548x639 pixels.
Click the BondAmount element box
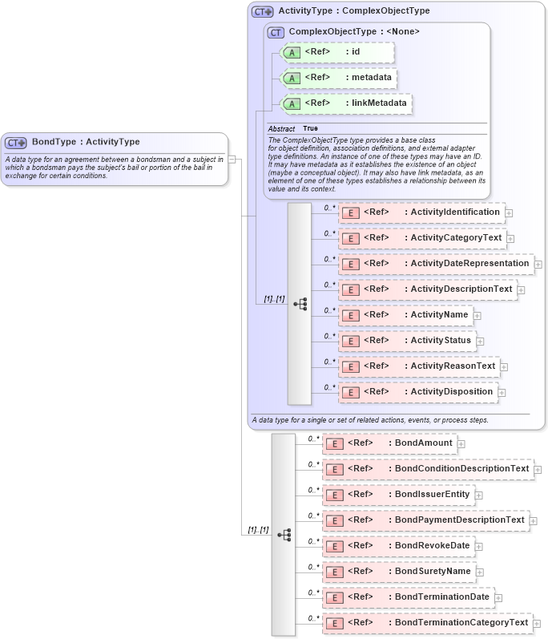click(x=389, y=443)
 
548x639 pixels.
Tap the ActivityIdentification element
click(x=421, y=212)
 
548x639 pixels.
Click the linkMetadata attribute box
click(x=337, y=103)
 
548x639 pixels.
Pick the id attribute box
click(x=337, y=53)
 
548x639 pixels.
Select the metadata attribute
click(x=337, y=78)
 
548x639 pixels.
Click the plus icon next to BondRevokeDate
click(x=479, y=547)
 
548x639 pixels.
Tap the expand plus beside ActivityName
click(x=477, y=316)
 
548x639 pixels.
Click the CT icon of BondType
click(x=16, y=143)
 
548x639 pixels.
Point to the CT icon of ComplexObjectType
click(x=276, y=32)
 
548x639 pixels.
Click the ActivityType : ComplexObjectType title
click(x=353, y=11)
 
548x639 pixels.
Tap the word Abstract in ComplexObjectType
click(x=281, y=128)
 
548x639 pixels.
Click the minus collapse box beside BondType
click(x=232, y=159)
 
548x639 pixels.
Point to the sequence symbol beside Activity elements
click(x=300, y=304)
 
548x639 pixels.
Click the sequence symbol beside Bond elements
click(x=284, y=535)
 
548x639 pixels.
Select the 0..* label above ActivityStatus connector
click(x=328, y=336)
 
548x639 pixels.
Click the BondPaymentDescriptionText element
click(x=425, y=520)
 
